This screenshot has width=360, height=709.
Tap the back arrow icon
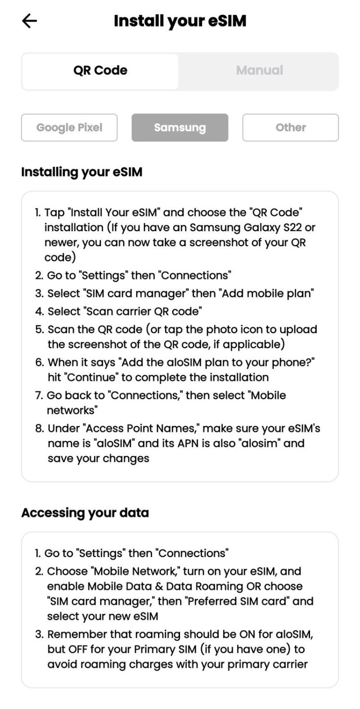pos(30,21)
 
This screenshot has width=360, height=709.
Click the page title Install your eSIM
pos(180,21)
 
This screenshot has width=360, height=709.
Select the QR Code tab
pos(100,71)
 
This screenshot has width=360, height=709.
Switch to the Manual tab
pos(259,71)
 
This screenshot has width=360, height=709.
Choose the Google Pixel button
pos(69,128)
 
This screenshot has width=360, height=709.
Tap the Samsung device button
pos(180,128)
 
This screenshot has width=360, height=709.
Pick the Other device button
pos(290,128)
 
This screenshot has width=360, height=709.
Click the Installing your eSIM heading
pos(82,172)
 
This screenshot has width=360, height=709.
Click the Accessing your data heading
pos(85,512)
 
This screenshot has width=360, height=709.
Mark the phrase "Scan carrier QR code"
pos(144,311)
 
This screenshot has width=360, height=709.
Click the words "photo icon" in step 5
pos(239,330)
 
